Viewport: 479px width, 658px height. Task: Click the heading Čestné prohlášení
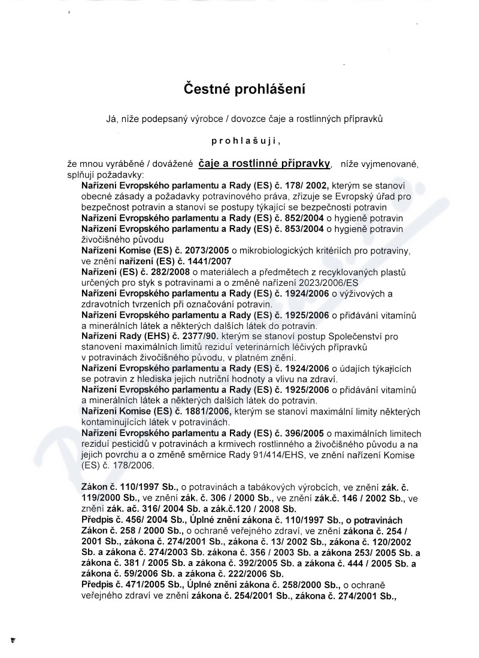click(x=244, y=90)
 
